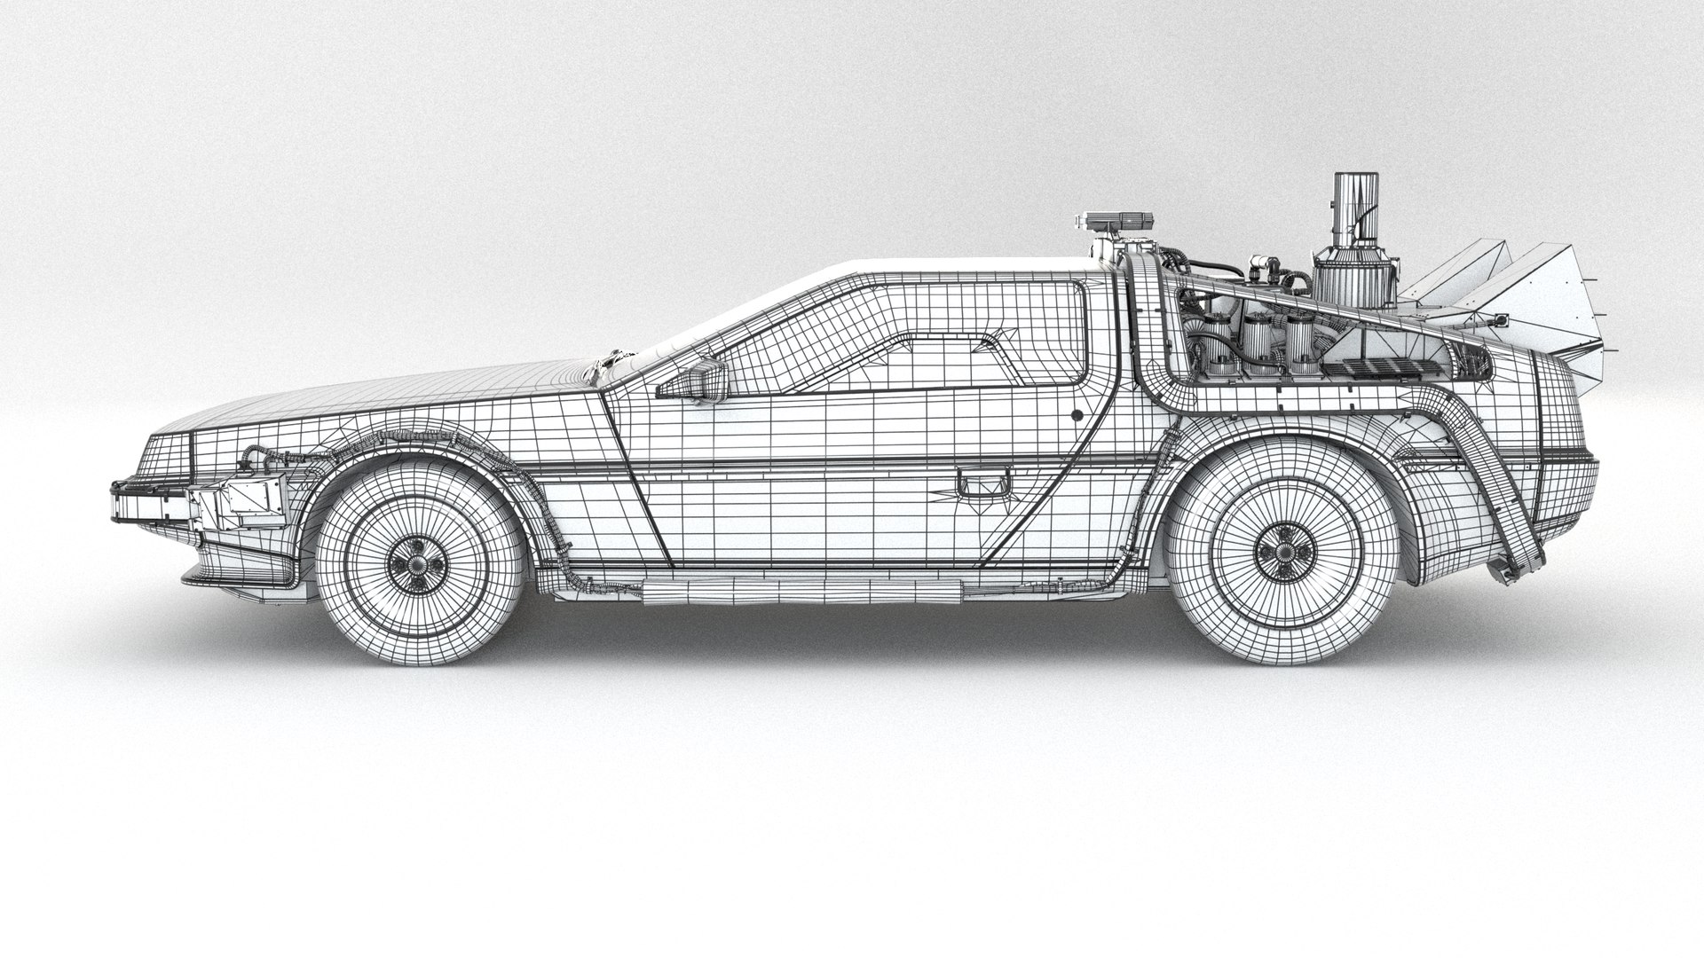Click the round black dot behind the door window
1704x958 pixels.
click(x=1076, y=413)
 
